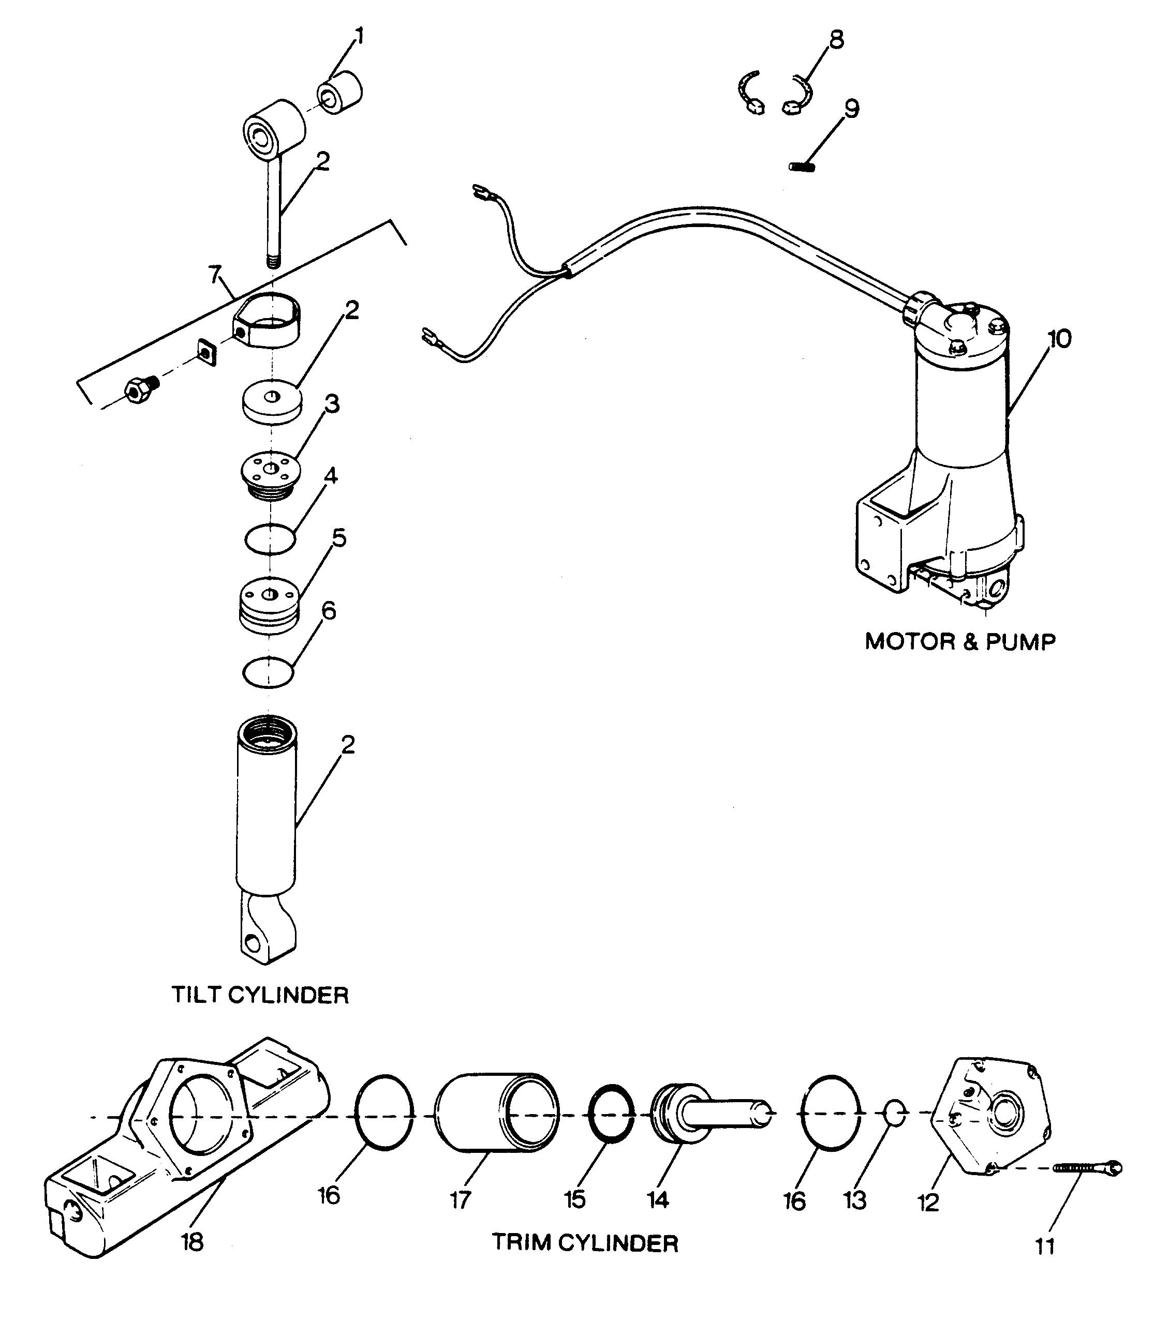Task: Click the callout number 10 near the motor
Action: click(x=1059, y=339)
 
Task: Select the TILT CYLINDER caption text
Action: click(x=260, y=995)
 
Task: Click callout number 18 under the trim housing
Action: click(x=193, y=1242)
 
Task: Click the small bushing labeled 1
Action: click(x=341, y=93)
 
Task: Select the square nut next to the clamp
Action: click(x=206, y=351)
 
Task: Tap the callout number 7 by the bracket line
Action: click(x=215, y=274)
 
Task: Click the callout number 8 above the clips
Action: click(x=836, y=40)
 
